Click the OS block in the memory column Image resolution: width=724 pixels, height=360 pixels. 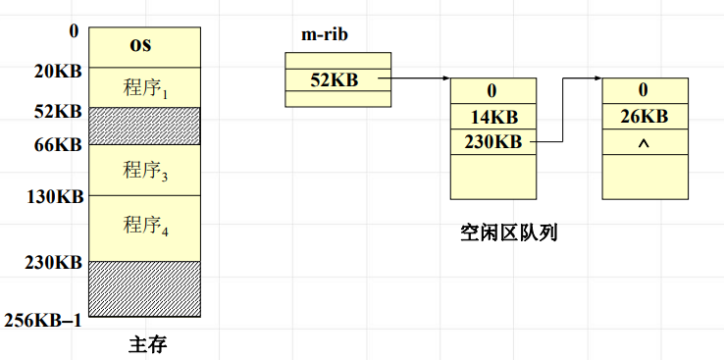coord(145,46)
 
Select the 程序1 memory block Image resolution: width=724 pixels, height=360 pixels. coord(145,87)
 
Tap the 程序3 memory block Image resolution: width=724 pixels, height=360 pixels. coord(145,170)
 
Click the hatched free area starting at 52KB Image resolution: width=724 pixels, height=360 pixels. coord(145,126)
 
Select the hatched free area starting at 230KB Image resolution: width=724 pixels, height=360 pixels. coord(145,288)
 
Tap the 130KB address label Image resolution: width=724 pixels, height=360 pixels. coord(55,197)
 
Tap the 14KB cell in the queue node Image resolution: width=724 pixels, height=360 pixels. coord(493,117)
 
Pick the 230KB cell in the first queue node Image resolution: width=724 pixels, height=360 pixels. coord(493,142)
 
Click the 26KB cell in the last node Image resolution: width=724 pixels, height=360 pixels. coord(645,117)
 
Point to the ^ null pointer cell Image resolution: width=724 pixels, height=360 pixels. coord(645,142)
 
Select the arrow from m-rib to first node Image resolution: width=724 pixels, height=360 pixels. coord(417,79)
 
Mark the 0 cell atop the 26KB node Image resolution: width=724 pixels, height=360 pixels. coord(645,91)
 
